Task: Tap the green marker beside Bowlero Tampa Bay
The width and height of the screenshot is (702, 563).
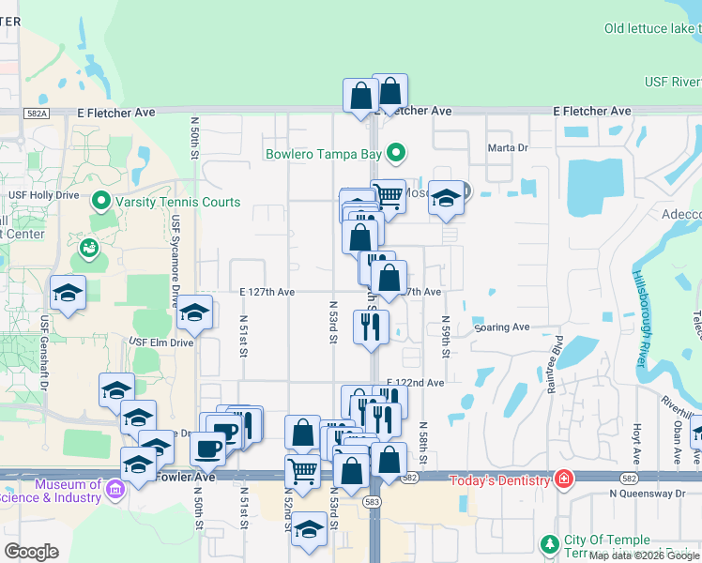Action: click(x=397, y=152)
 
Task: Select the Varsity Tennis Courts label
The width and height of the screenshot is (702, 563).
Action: click(x=176, y=202)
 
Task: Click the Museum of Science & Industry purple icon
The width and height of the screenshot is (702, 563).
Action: click(x=114, y=489)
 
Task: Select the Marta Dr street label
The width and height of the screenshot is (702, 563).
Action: click(x=509, y=148)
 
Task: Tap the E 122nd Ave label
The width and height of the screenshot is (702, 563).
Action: click(x=415, y=383)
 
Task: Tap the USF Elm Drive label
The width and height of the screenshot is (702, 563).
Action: click(x=160, y=342)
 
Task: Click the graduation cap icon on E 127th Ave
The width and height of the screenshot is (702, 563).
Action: click(x=194, y=312)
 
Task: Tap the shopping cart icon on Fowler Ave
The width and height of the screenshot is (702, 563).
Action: click(x=302, y=470)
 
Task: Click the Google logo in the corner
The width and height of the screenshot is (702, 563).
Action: click(x=32, y=552)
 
